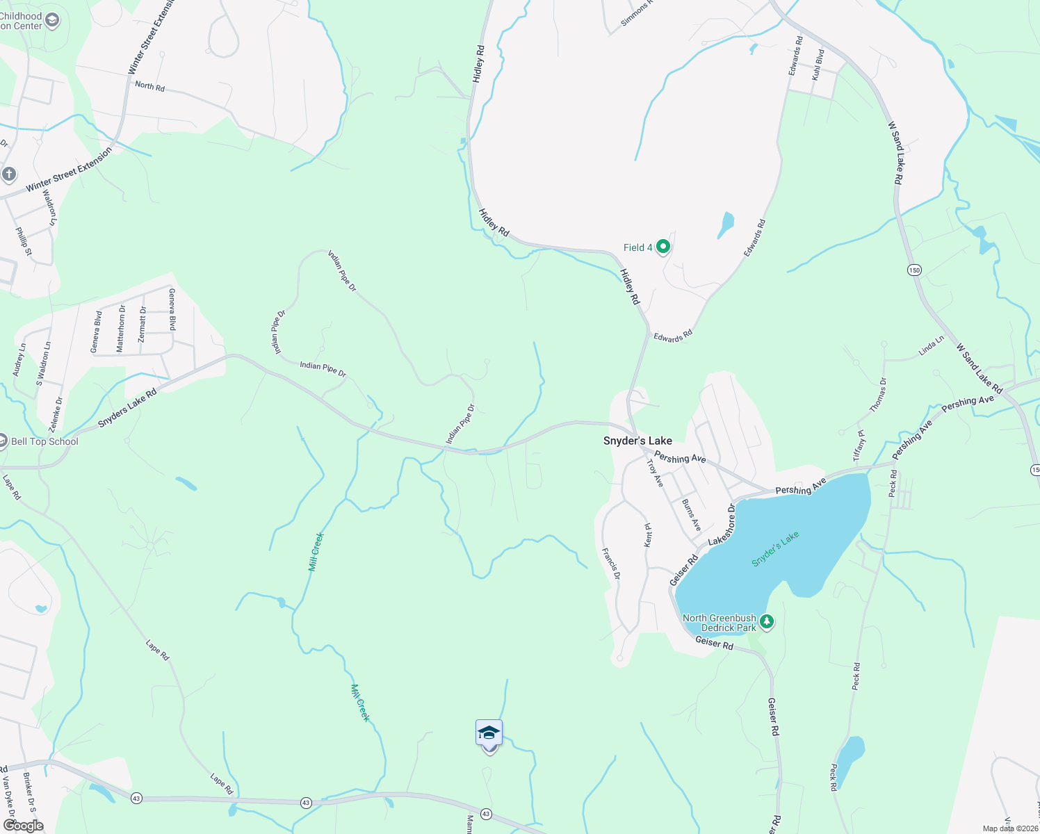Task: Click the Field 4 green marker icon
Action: [x=663, y=246]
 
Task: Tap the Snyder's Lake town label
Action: [x=637, y=441]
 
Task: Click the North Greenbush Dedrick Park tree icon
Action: [x=766, y=621]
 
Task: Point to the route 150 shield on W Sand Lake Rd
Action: [x=914, y=270]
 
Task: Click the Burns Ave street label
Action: [x=691, y=515]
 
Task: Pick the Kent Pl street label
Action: [x=648, y=534]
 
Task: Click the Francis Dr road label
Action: [x=611, y=564]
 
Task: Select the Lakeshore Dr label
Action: [x=722, y=525]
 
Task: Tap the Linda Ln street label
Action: [x=931, y=345]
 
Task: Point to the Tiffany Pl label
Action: [x=859, y=445]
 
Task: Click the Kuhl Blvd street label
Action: [x=818, y=64]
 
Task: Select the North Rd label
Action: [x=149, y=86]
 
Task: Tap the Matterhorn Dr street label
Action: [x=121, y=328]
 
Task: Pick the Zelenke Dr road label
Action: [x=58, y=415]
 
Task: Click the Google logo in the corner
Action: [x=23, y=825]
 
